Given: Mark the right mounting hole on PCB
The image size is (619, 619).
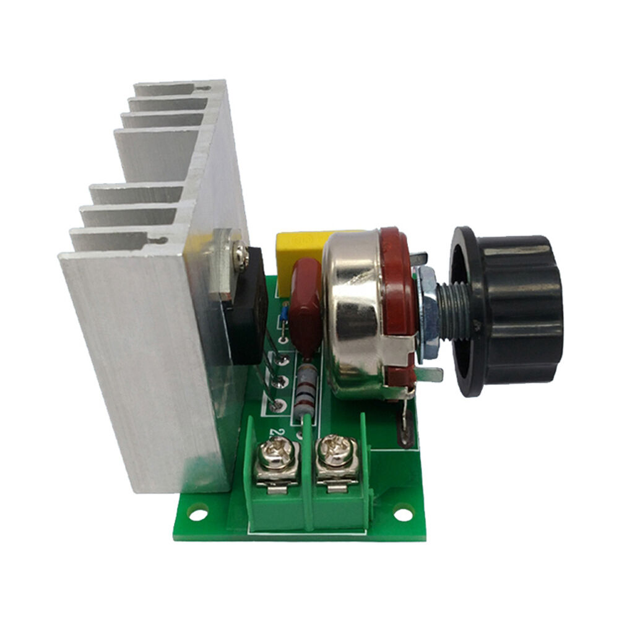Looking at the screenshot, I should (403, 513).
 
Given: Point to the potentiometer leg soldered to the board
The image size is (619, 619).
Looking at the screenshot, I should (405, 421).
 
